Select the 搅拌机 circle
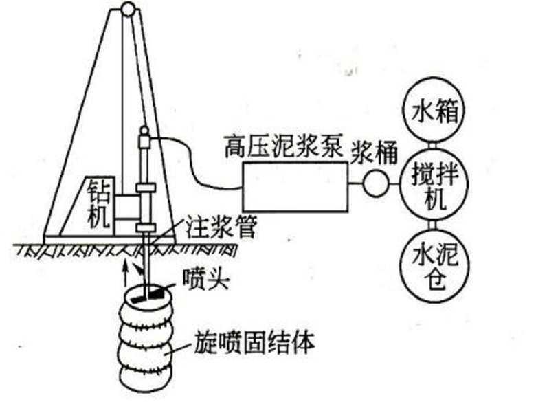[x=434, y=183]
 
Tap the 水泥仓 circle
[x=434, y=260]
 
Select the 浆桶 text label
[x=375, y=153]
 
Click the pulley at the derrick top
[x=129, y=9]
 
